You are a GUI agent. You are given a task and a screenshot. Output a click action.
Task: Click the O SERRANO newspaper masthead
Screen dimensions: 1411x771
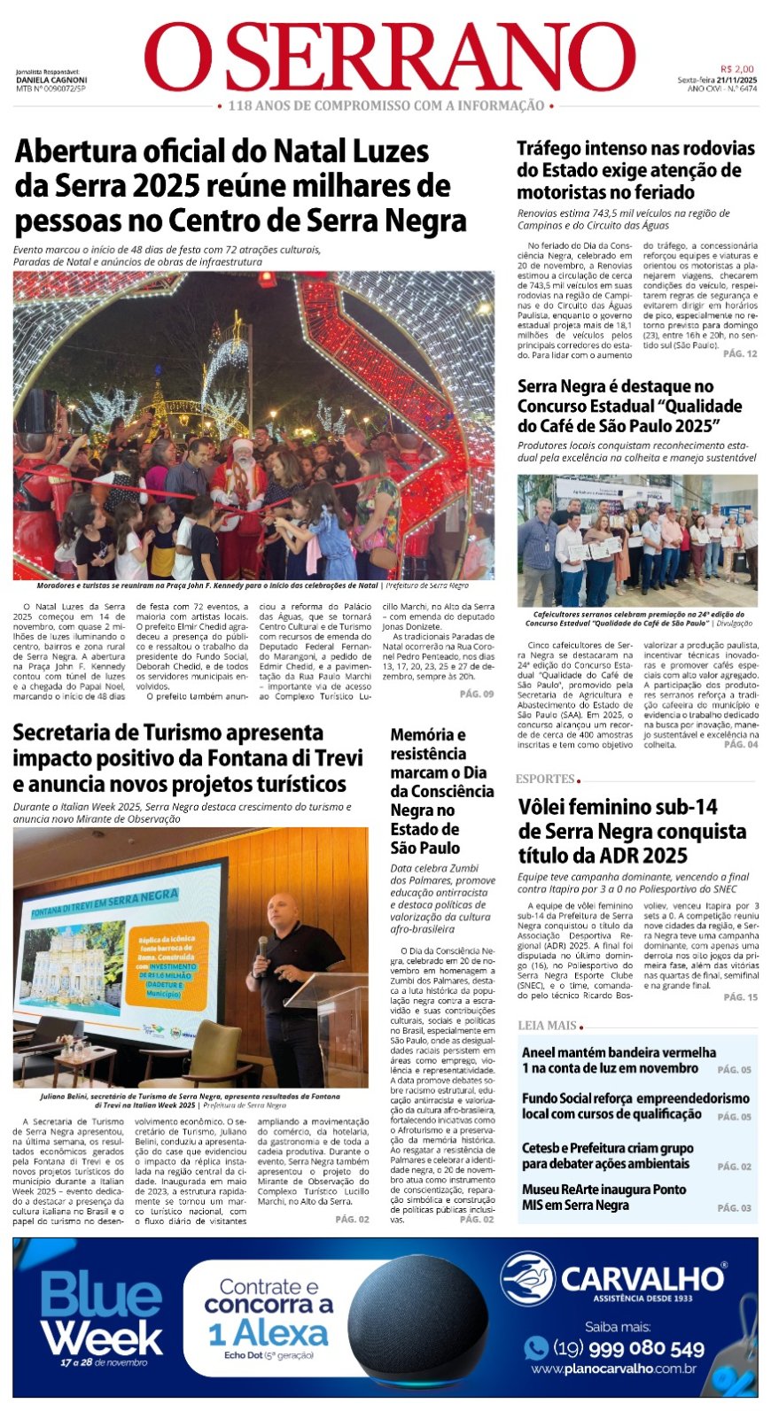coord(390,58)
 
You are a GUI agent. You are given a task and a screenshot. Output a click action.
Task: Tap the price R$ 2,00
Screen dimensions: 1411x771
coord(737,69)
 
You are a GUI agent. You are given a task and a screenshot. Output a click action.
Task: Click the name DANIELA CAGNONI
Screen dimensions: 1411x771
coord(51,80)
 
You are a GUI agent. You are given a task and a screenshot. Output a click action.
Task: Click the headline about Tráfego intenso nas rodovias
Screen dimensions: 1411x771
coord(635,170)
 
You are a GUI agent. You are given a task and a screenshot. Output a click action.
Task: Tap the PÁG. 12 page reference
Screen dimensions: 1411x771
coord(740,353)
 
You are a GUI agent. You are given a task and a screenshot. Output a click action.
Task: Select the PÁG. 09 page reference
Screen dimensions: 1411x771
coord(477,694)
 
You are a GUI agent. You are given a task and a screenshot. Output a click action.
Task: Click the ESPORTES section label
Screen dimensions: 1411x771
coord(545,779)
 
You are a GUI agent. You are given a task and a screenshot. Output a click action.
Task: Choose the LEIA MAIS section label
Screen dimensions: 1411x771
coord(547,1025)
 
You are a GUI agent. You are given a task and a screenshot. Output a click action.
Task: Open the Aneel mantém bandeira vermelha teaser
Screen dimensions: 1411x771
coord(619,1060)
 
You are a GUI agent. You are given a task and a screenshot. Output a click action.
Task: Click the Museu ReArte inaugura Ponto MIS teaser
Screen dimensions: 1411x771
coord(604,1197)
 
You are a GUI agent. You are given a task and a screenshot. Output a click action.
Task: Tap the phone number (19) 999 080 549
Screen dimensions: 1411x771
coord(628,1348)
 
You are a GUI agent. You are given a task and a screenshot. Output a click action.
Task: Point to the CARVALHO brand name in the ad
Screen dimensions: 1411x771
coord(642,1278)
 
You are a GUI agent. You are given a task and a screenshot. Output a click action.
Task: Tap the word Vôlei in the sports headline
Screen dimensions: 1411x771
coord(549,807)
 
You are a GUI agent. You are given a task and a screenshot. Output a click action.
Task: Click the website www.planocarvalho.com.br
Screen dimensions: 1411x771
coord(613,1368)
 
